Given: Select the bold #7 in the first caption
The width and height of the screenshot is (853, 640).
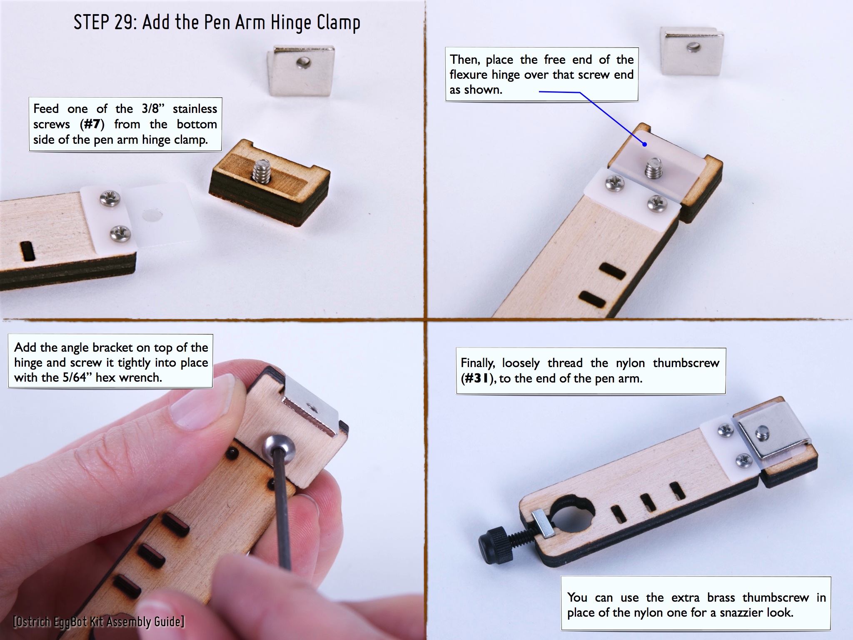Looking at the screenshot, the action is (92, 124).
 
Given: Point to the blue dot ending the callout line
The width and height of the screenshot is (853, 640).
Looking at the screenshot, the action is (644, 145).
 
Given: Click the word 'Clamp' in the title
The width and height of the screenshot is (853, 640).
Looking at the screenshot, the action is (338, 23).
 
